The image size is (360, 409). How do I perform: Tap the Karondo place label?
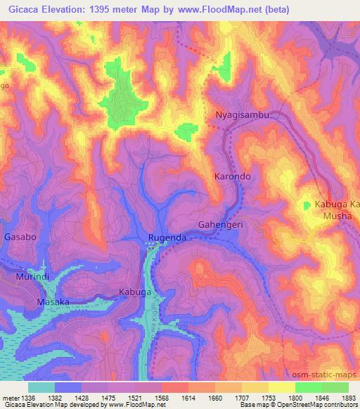click(x=232, y=178)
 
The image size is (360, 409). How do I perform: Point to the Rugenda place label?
click(x=167, y=238)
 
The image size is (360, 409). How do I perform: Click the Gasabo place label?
click(x=20, y=238)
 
